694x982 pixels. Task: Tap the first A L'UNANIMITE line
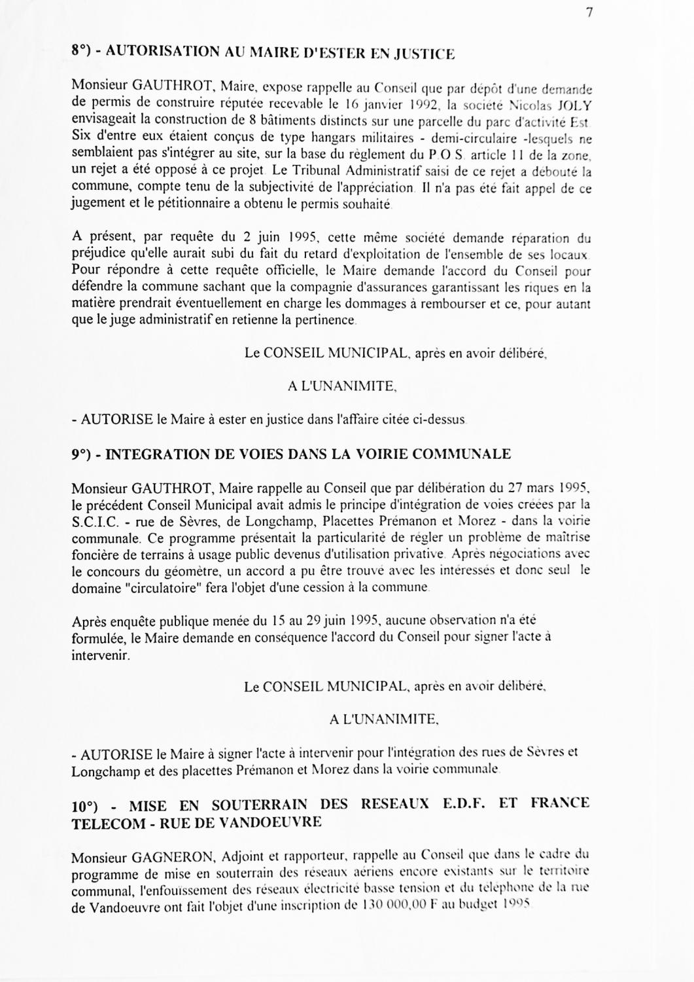(x=342, y=386)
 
